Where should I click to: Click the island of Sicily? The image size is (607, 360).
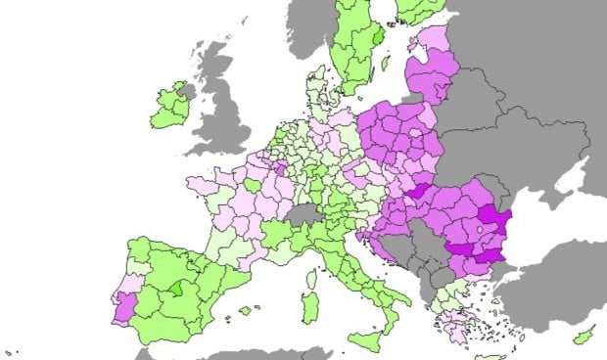point(363,339)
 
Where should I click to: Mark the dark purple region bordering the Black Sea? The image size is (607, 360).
point(497,224)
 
